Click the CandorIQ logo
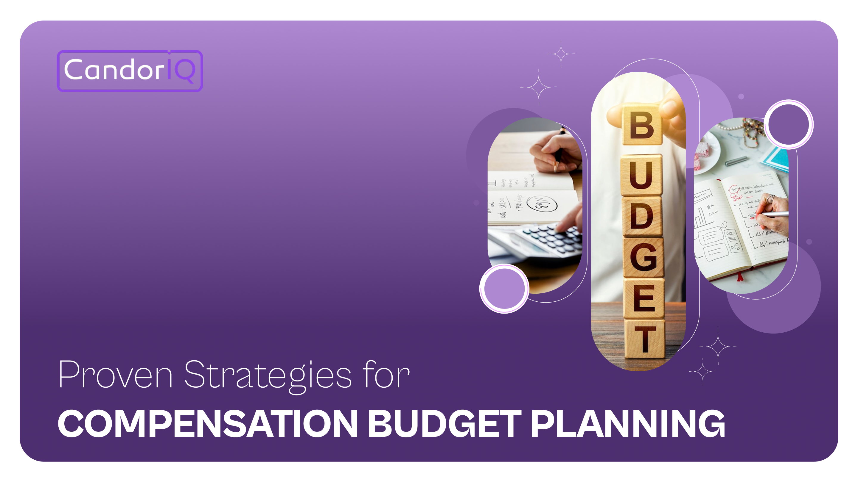(x=130, y=71)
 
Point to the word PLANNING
(x=627, y=423)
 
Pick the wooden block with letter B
(x=642, y=126)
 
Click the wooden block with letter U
(x=641, y=175)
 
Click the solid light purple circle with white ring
(x=504, y=288)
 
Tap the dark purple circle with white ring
(x=788, y=124)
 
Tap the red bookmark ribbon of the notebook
(x=740, y=276)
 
